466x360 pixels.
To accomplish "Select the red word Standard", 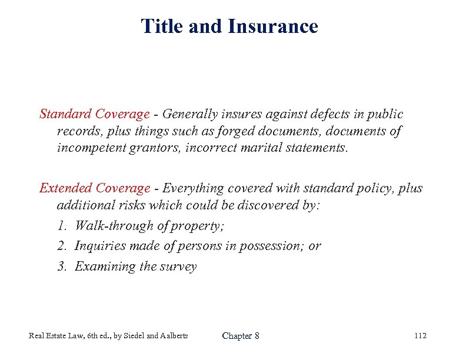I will tap(63, 114).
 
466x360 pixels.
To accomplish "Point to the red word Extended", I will tap(64, 188).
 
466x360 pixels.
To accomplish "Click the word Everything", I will tap(194, 188).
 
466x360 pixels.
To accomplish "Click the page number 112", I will tap(420, 336).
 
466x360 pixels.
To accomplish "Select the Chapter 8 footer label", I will tap(240, 336).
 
